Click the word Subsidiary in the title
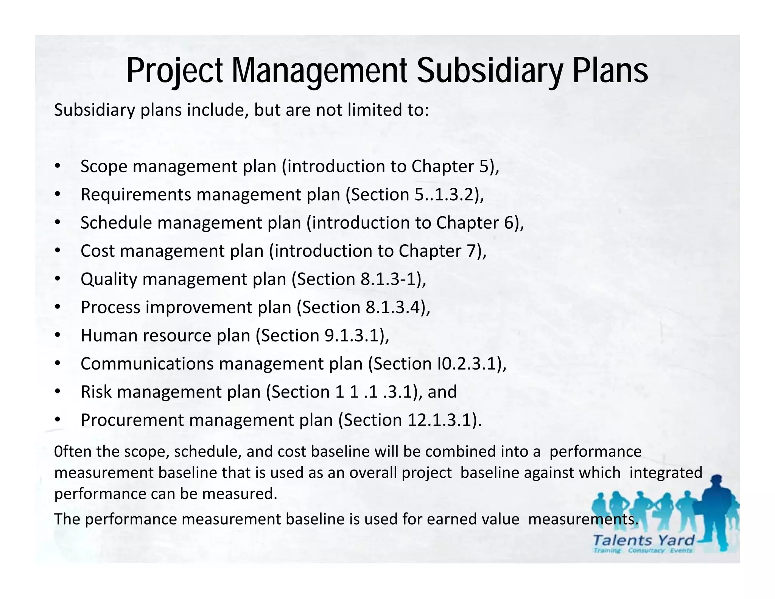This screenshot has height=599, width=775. [490, 71]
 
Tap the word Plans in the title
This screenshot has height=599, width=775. [610, 71]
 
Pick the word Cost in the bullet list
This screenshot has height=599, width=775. [97, 251]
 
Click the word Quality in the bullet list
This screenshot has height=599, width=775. [109, 279]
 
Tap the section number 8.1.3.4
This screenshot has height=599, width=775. [394, 307]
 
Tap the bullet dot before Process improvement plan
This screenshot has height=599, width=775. [57, 307]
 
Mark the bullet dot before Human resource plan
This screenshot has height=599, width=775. [57, 335]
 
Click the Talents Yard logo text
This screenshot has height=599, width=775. [643, 540]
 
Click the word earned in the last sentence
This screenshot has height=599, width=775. [451, 519]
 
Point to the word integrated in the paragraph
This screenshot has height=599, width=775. [666, 473]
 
